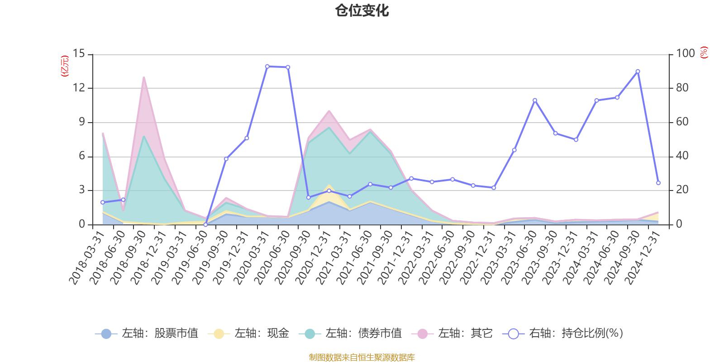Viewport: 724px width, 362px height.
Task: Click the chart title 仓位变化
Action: coord(362,11)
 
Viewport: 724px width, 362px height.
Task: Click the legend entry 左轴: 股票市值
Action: coord(147,334)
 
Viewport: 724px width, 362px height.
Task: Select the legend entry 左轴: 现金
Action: coord(248,334)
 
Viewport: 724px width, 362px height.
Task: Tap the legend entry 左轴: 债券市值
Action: coord(350,334)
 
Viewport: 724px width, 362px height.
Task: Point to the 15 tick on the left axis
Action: coord(79,54)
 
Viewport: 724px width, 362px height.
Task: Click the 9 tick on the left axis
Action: coord(82,122)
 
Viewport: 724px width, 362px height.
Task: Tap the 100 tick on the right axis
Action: coord(686,54)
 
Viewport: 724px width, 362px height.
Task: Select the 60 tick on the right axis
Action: coord(682,122)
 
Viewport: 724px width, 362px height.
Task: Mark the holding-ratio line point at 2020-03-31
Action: coord(267,67)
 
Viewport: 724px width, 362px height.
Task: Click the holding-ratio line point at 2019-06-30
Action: coord(205,224)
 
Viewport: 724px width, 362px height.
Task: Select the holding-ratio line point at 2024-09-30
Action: coord(638,71)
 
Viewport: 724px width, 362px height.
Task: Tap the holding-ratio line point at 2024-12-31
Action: coord(658,183)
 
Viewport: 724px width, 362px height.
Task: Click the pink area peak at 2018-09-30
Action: coord(143,78)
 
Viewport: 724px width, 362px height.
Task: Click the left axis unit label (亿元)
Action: coord(65,66)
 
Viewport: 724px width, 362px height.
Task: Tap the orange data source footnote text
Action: coord(362,357)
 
